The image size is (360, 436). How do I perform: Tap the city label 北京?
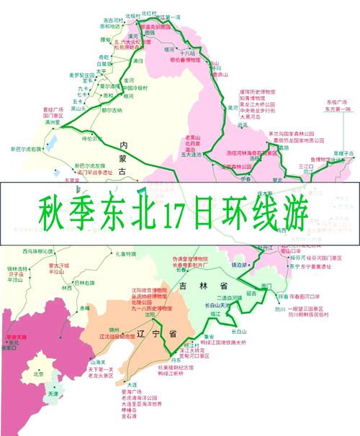click(39, 373)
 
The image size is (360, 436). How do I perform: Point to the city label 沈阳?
click(150, 314)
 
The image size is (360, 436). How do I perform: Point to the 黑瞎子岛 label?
click(343, 154)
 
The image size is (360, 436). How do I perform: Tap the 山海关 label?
click(97, 362)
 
